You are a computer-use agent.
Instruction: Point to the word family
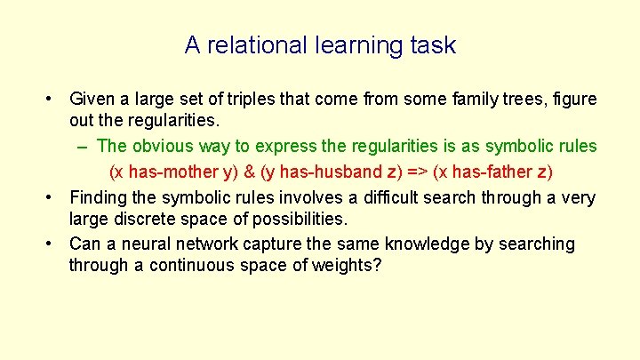click(x=477, y=99)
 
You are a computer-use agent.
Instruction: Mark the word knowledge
click(x=404, y=244)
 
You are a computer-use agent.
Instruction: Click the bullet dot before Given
click(x=54, y=99)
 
